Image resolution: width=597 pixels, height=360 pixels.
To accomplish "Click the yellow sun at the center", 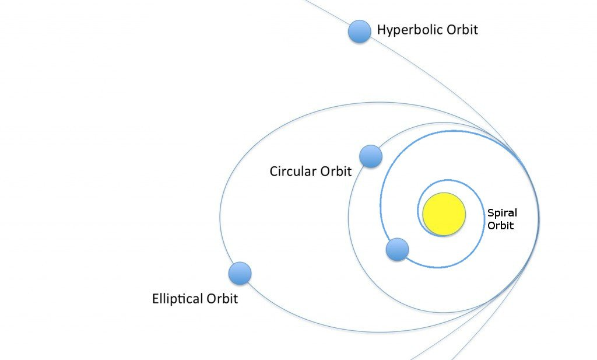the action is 444,214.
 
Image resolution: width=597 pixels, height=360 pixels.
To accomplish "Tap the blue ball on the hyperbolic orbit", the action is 359,31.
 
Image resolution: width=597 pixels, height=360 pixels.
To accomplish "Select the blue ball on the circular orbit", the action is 370,156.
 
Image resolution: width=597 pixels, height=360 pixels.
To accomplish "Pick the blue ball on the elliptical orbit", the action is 240,273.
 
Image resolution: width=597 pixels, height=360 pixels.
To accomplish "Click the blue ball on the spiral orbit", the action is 397,249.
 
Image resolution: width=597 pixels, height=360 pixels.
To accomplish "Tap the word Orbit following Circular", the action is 336,172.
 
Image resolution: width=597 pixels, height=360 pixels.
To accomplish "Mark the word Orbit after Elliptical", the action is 223,299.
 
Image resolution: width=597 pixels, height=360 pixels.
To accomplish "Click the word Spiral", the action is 502,213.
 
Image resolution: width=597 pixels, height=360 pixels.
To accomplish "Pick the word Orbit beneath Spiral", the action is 500,226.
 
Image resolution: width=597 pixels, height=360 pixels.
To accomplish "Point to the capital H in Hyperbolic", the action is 382,29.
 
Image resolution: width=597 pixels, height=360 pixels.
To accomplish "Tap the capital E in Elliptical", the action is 155,299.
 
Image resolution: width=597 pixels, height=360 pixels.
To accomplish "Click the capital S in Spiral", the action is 490,213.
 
